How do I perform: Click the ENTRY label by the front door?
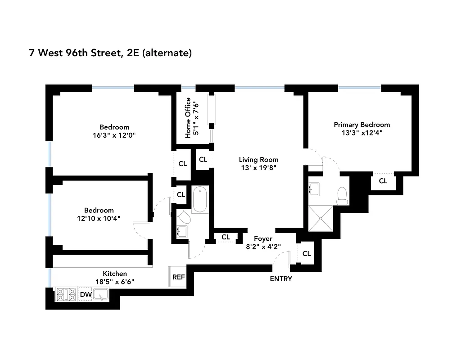[281, 279]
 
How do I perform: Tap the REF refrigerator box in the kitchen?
[179, 277]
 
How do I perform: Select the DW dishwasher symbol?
[86, 295]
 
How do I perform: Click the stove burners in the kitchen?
[66, 295]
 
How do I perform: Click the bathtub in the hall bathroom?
[199, 200]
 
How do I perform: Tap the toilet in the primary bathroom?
[342, 195]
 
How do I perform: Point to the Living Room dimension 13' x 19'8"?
[258, 168]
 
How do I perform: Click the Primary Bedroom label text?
[362, 125]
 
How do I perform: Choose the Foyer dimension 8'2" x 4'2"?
[263, 247]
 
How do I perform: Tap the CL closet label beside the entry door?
[307, 254]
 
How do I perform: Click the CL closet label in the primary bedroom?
[383, 181]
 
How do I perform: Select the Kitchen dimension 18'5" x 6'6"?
[115, 282]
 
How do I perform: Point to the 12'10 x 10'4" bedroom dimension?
[99, 218]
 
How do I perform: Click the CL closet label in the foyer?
[226, 237]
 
